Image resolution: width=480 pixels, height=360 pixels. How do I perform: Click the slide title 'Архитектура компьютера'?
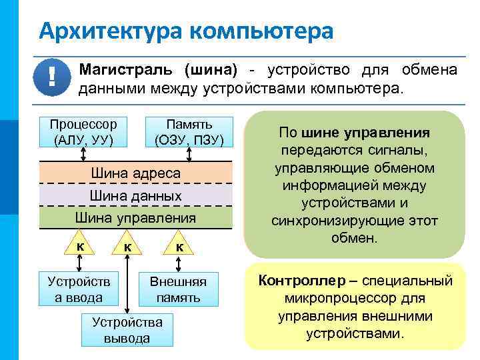click(x=185, y=30)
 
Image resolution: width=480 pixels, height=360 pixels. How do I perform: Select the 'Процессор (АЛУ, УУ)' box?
click(x=83, y=132)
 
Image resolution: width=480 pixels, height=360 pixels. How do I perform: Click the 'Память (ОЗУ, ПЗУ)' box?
click(x=189, y=132)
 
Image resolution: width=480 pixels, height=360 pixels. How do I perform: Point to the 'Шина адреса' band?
click(x=135, y=173)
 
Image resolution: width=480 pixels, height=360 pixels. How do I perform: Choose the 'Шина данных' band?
click(x=135, y=195)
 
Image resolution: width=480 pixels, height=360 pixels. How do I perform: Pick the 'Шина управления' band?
click(x=135, y=217)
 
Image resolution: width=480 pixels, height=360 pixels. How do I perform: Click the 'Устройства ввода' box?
click(x=79, y=289)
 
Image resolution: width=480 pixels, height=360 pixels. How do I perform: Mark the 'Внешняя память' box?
click(x=178, y=289)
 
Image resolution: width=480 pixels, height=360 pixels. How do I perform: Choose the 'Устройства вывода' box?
click(x=127, y=329)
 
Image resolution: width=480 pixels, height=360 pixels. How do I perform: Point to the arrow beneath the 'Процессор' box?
click(x=83, y=154)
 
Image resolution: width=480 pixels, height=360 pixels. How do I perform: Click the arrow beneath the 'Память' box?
click(x=189, y=154)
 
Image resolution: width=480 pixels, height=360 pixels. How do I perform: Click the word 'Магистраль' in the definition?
click(x=127, y=71)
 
